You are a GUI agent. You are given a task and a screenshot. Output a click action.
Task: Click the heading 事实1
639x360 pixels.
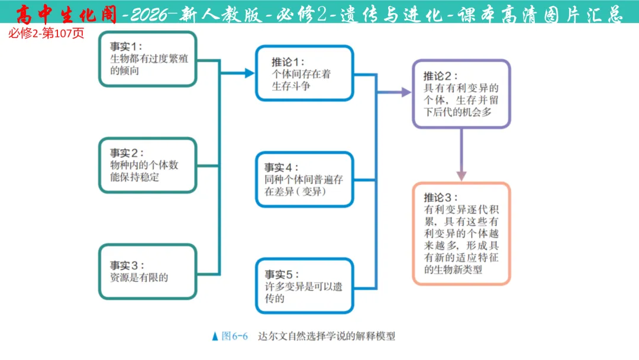pyautogui.click(x=126, y=46)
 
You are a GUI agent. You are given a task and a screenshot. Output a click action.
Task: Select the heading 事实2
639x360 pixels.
pyautogui.click(x=126, y=152)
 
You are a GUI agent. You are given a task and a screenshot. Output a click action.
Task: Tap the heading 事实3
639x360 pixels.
pyautogui.click(x=126, y=265)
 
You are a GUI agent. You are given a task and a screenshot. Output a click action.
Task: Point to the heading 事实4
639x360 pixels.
pyautogui.click(x=282, y=167)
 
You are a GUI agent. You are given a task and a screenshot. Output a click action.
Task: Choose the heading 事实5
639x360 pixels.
pyautogui.click(x=282, y=274)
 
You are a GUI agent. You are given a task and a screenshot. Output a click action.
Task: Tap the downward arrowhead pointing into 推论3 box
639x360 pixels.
pyautogui.click(x=461, y=176)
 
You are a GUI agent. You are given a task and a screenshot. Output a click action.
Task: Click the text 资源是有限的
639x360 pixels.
pyautogui.click(x=139, y=277)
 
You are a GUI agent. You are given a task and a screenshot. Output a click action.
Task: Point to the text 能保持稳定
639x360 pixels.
pyautogui.click(x=134, y=176)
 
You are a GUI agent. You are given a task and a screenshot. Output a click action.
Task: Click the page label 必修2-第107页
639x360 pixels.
pyautogui.click(x=46, y=33)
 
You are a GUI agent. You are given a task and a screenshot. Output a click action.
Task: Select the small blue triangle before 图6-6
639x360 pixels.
pyautogui.click(x=215, y=336)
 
